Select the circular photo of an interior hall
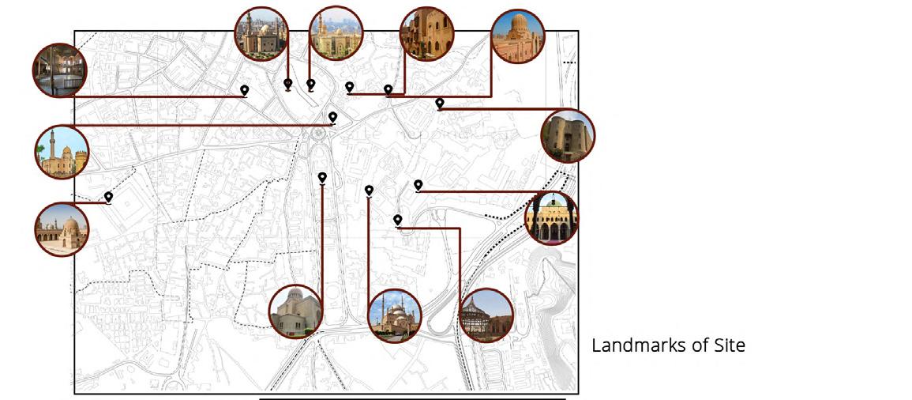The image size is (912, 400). pyautogui.click(x=60, y=70)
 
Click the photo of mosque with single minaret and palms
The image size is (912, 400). pyautogui.click(x=62, y=151)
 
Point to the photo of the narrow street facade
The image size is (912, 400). pyautogui.click(x=427, y=34)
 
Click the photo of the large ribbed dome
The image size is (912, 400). pyautogui.click(x=518, y=36)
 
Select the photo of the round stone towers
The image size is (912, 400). pyautogui.click(x=568, y=136)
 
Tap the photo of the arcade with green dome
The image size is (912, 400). pyautogui.click(x=551, y=217)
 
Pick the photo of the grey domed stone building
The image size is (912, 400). pyautogui.click(x=295, y=311)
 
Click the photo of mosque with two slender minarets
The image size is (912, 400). pyautogui.click(x=395, y=315)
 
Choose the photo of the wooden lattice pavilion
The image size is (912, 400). pyautogui.click(x=486, y=315)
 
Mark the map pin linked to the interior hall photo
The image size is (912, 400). pyautogui.click(x=245, y=90)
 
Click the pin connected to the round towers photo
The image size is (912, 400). pyautogui.click(x=439, y=103)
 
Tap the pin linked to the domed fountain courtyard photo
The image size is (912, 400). pyautogui.click(x=108, y=197)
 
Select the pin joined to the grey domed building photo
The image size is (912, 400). pyautogui.click(x=322, y=177)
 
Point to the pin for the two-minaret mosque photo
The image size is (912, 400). pyautogui.click(x=369, y=190)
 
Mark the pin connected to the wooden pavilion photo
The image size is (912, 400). pyautogui.click(x=398, y=219)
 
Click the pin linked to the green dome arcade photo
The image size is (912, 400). pyautogui.click(x=418, y=185)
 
